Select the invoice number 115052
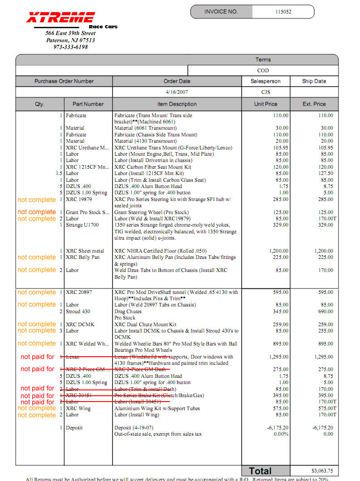pos(283,12)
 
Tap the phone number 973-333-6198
pos(70,47)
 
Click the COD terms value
pos(263,70)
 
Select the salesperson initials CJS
pos(266,92)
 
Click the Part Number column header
pos(88,104)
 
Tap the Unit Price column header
pos(265,104)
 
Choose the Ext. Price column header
pos(314,104)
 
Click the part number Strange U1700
pos(82,225)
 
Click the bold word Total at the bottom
pos(260,471)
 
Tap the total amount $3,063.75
pos(322,471)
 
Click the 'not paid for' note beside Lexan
pos(37,357)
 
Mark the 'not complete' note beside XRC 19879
pos(36,199)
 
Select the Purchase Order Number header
pos(64,81)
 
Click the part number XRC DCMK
pos(80,324)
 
